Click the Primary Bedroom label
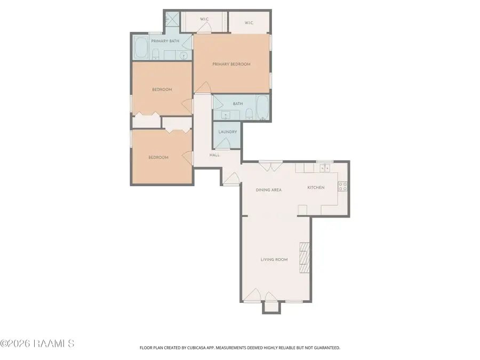coord(231,65)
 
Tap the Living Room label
coord(274,260)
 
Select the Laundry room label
coord(227,132)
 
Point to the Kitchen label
coord(316,187)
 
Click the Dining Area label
coord(268,190)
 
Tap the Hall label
coord(214,155)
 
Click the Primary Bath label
coord(165,41)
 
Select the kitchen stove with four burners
coord(342,187)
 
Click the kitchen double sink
coord(324,168)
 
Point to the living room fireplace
coord(305,258)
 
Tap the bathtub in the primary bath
coord(141,47)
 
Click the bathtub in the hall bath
coord(262,107)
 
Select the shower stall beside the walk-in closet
coord(172,20)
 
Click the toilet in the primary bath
coord(156,54)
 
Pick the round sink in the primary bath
coord(183,55)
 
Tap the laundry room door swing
coord(225,143)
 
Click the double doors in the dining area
coord(270,166)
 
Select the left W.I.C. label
coord(204,19)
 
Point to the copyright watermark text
coord(37,343)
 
